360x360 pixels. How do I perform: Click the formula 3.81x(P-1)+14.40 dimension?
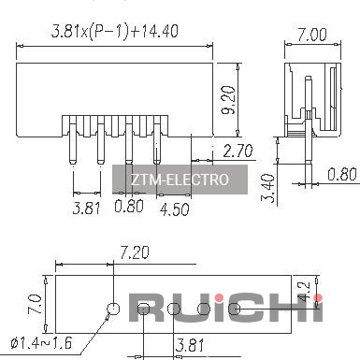point(115,32)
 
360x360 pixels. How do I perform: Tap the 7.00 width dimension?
point(311,35)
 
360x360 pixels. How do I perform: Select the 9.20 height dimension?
point(228,100)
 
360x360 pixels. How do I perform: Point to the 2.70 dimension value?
point(238,151)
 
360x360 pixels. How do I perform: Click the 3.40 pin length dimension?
point(268,189)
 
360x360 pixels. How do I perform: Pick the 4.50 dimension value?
point(175,209)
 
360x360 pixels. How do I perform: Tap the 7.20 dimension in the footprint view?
point(135,252)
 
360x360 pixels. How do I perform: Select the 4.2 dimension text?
point(304,292)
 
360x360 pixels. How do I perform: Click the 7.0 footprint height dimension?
point(35,305)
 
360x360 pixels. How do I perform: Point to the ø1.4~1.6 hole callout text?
point(41,343)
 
